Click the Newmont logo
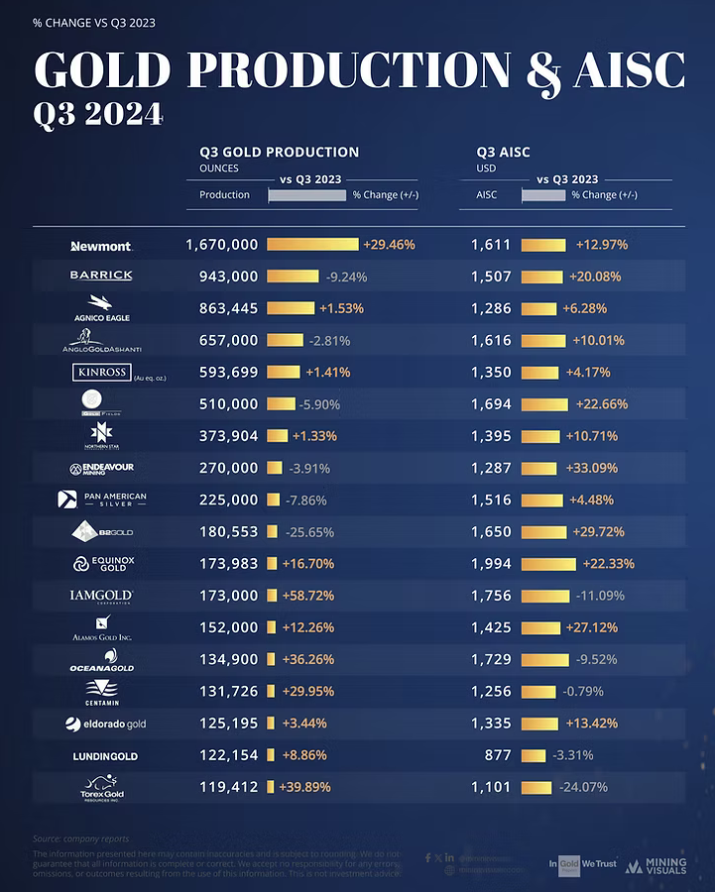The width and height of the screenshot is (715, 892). (101, 245)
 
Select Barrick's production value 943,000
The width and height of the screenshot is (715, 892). (222, 277)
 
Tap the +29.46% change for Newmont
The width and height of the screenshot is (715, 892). (389, 244)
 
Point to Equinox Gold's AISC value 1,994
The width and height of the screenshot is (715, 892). (491, 564)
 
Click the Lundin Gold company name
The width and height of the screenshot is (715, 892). (105, 756)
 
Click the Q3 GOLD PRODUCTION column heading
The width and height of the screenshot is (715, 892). (279, 153)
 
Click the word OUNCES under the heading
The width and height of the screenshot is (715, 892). (219, 167)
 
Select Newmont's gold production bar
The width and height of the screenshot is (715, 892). (312, 244)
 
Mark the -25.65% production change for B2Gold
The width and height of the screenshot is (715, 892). (312, 532)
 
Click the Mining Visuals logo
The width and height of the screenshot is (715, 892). (654, 865)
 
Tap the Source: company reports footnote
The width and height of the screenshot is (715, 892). (80, 838)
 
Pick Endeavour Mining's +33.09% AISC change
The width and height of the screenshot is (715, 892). (600, 468)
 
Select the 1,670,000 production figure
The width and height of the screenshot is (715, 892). (222, 244)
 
